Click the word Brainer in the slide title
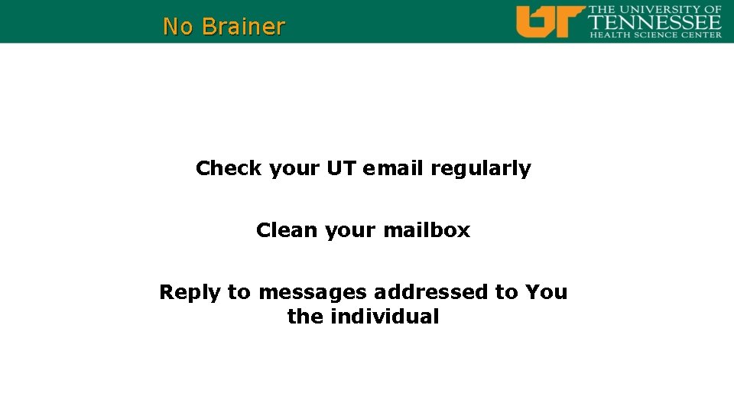point(243,27)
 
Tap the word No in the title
point(178,27)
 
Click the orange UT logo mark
point(549,21)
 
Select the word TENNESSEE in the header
point(655,23)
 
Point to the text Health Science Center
point(655,34)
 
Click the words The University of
point(655,9)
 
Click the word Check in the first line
point(229,168)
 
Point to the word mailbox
point(427,230)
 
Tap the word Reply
point(190,293)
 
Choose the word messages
point(312,293)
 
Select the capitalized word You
point(546,292)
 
